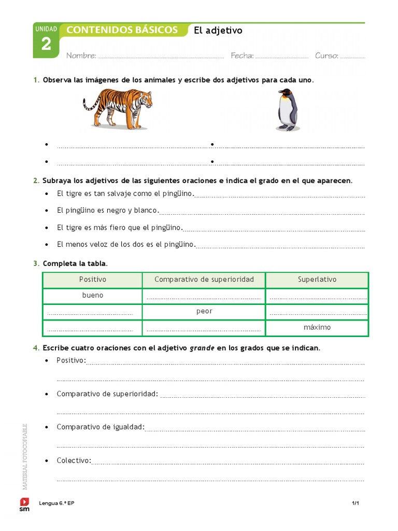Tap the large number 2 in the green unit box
click(46, 45)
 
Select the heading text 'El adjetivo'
click(218, 31)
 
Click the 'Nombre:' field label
click(81, 56)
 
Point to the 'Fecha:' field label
click(242, 56)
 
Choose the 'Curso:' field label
click(326, 56)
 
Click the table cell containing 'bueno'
click(92, 296)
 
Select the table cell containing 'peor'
click(204, 312)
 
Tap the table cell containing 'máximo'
click(317, 328)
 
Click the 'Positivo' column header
click(92, 280)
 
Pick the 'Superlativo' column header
click(317, 280)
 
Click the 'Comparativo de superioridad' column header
click(204, 280)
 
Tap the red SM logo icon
click(24, 501)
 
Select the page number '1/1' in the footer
click(356, 503)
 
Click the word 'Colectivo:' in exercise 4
click(74, 460)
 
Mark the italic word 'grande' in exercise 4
click(202, 348)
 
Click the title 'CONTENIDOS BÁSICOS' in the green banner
click(122, 30)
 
